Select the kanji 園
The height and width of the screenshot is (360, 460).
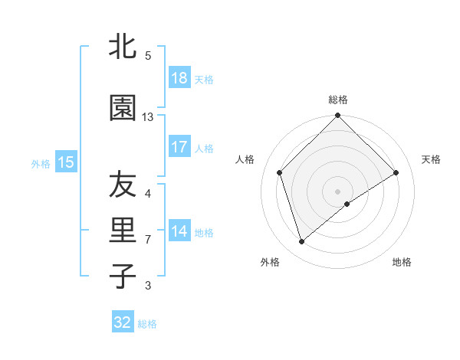pos(123,109)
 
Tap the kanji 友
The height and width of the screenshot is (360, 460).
pos(123,185)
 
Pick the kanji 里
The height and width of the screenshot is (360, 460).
pos(123,231)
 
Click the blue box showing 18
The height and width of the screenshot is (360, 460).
pos(179,79)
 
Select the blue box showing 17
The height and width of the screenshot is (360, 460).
pos(179,147)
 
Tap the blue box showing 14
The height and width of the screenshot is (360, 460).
pos(179,232)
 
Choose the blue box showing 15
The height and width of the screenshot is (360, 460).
pos(66,162)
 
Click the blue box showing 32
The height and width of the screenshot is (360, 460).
pos(123,322)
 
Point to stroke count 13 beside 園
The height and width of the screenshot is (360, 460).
pos(148,117)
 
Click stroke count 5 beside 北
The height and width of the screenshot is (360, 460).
pos(148,56)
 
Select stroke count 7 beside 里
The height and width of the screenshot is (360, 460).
pos(148,240)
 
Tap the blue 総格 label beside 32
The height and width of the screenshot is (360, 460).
pos(147,324)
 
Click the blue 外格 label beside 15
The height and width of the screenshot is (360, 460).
pos(41,163)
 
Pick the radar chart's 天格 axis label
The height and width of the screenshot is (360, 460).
pos(431,159)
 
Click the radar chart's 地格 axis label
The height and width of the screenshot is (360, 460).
pos(402,262)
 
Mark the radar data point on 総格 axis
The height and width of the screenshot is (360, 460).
pos(337,116)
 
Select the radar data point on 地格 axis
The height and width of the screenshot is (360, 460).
pos(347,204)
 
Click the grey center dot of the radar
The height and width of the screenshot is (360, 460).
pos(337,190)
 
